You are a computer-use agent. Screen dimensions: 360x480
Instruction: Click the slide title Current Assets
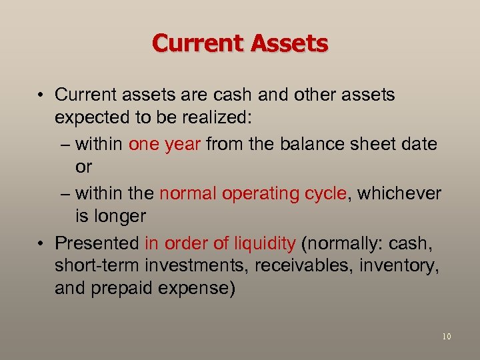[x=240, y=43]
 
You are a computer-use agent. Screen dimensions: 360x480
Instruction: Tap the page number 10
[x=446, y=337]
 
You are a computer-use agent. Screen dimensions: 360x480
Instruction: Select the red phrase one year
[x=165, y=144]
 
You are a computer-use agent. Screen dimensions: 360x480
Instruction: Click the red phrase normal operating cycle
[x=253, y=193]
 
